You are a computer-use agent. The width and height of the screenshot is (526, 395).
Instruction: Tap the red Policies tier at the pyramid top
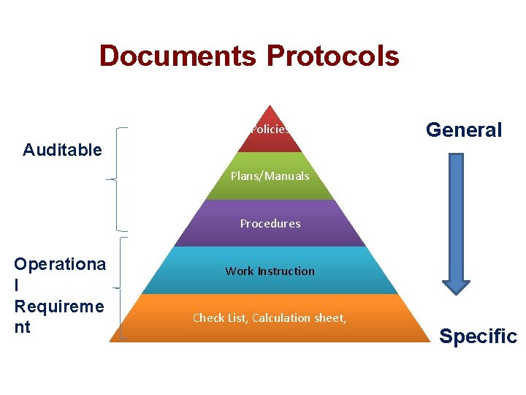click(270, 129)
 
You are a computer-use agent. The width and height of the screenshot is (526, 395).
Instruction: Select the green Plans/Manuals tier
click(270, 176)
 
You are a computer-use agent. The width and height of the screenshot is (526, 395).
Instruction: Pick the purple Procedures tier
click(270, 224)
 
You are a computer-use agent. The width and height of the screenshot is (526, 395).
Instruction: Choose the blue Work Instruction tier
click(270, 271)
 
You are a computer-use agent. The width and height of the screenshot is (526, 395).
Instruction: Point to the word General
click(464, 130)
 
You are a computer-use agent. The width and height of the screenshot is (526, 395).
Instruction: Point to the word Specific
click(478, 336)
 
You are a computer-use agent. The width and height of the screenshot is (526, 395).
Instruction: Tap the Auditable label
click(62, 150)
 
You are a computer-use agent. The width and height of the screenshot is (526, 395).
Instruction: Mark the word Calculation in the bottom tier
click(281, 318)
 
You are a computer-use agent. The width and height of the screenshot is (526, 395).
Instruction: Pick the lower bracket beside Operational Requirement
click(118, 288)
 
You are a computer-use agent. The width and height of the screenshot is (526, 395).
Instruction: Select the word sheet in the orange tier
click(330, 318)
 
